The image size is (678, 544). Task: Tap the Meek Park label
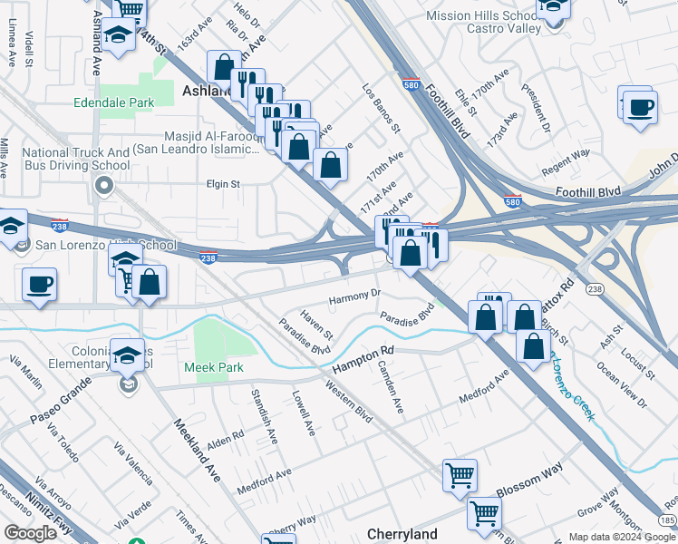point(214,367)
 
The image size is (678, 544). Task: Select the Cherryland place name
point(402,534)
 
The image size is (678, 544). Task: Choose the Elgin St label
point(222,183)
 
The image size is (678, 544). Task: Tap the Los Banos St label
point(381,109)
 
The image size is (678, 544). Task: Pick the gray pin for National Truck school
point(103,188)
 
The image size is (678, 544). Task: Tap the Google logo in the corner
point(30,533)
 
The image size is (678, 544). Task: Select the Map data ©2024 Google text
point(622,537)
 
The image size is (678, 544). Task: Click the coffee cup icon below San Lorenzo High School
point(39,284)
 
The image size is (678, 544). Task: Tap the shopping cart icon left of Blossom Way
point(460,475)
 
